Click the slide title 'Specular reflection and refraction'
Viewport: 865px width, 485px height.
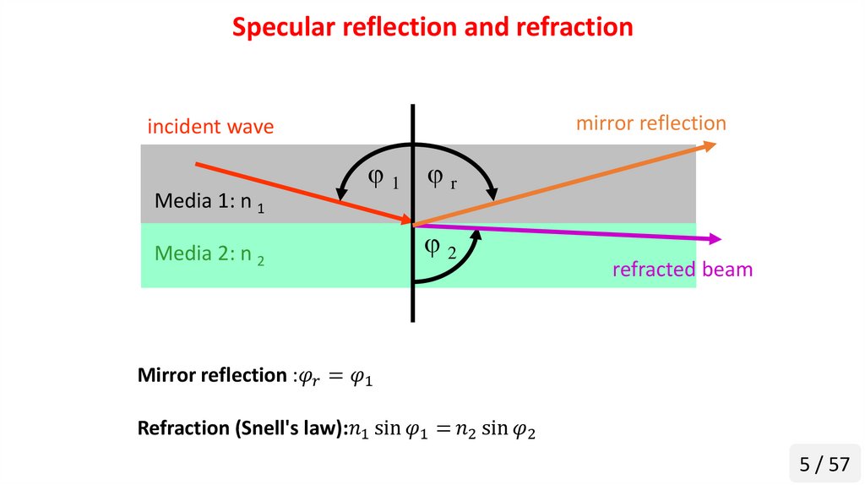432,27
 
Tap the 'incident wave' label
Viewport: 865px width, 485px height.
210,127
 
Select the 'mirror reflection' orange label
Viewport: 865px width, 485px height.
650,123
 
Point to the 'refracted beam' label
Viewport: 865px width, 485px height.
682,270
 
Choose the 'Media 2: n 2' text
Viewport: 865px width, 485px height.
209,253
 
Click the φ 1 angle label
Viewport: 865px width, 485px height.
383,178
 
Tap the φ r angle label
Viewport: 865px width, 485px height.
441,178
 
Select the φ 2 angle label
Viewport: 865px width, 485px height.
439,248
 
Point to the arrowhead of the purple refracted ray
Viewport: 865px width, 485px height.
716,239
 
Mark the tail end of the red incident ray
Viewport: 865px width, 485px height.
197,163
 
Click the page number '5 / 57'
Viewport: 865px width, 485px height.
824,464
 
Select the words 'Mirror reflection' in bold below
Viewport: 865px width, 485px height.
209,375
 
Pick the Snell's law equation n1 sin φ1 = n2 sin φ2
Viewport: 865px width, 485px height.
442,430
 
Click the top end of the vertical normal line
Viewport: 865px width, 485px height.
413,106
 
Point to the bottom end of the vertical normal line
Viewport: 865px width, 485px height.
413,319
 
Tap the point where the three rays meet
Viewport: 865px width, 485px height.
413,225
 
